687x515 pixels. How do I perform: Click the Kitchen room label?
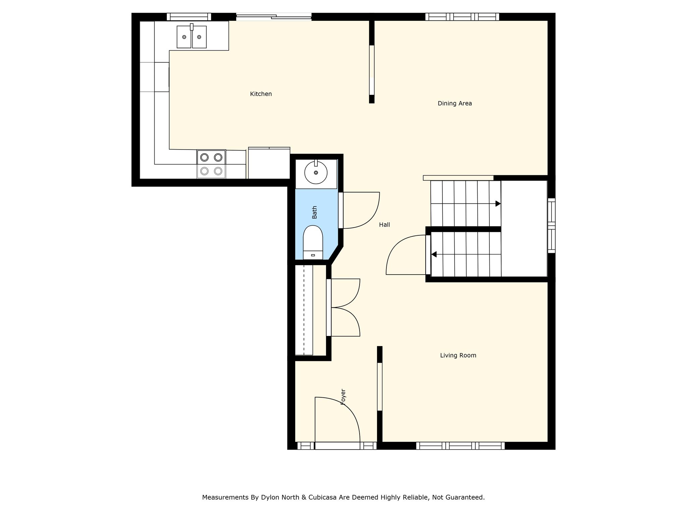(261, 94)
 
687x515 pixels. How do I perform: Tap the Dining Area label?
(455, 103)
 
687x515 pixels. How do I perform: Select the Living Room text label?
(458, 355)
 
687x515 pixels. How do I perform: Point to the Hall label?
(384, 225)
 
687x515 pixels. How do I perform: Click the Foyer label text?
(343, 397)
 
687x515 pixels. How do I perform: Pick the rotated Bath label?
(314, 212)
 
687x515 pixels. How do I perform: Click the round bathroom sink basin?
(316, 172)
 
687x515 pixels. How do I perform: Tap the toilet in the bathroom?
(313, 242)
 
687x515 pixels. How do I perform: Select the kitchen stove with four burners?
(211, 164)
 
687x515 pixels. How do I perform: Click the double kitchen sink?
(192, 37)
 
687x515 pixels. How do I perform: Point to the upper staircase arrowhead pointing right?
(498, 204)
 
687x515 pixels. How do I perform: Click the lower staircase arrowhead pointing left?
(434, 254)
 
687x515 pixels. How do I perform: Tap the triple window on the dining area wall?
(462, 17)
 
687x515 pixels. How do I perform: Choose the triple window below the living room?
(461, 446)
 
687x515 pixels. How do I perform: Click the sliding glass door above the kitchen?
(274, 17)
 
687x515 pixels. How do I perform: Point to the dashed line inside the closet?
(304, 310)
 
